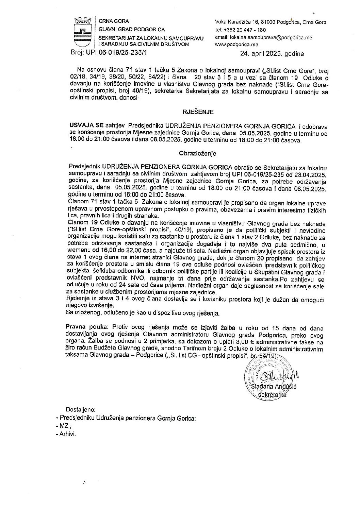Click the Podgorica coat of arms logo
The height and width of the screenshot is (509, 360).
click(x=83, y=33)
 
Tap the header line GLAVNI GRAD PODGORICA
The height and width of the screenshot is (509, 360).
click(x=131, y=30)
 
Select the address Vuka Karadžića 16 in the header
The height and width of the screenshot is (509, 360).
click(x=237, y=22)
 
